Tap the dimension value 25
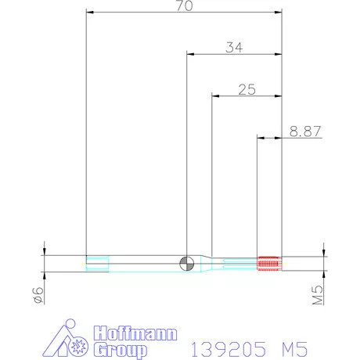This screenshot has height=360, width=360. tap(247, 89)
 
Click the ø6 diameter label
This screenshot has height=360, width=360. tap(36, 295)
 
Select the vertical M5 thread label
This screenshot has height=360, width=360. tap(318, 296)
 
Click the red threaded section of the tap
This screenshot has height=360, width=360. tap(268, 264)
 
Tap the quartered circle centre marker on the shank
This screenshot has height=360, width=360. tap(186, 264)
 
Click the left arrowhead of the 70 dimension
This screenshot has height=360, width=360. tap(90, 13)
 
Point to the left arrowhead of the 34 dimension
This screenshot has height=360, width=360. tap(190, 55)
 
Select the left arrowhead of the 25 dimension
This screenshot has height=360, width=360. tap(217, 97)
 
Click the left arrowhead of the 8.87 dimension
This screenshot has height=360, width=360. tap(261, 139)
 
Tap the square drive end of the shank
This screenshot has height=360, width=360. tap(97, 264)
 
